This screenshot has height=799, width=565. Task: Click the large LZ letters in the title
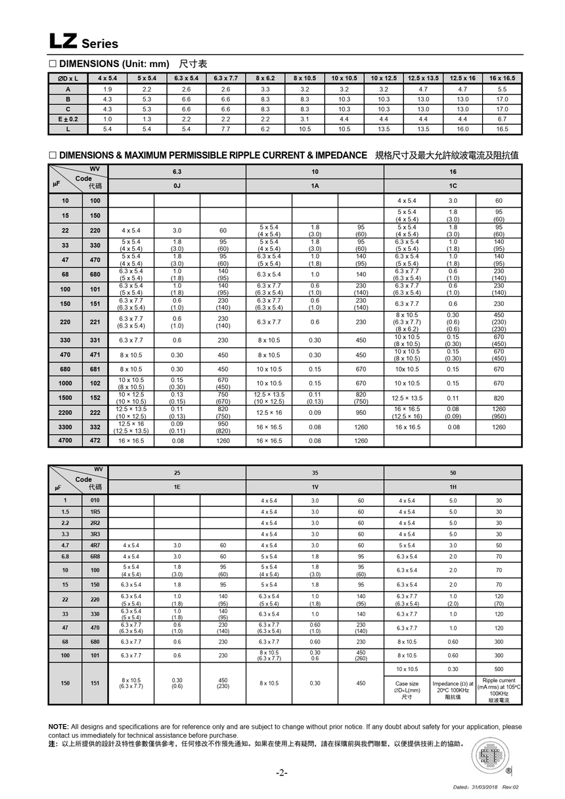pyautogui.click(x=64, y=41)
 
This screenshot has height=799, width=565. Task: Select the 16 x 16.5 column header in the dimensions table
pyautogui.click(x=502, y=78)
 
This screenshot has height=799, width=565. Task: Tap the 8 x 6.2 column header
pyautogui.click(x=265, y=78)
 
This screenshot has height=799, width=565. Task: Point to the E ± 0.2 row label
pyautogui.click(x=68, y=119)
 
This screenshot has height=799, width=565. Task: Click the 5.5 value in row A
pyautogui.click(x=502, y=89)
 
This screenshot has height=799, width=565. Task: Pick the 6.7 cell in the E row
pyautogui.click(x=502, y=119)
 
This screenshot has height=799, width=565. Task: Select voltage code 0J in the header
pyautogui.click(x=177, y=186)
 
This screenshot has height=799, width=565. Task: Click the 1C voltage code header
pyautogui.click(x=453, y=186)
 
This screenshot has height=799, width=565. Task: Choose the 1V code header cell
pyautogui.click(x=315, y=487)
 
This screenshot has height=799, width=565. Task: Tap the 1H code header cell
pyautogui.click(x=453, y=487)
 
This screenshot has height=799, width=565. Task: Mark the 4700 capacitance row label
pyautogui.click(x=65, y=441)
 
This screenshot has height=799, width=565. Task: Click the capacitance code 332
pyautogui.click(x=95, y=427)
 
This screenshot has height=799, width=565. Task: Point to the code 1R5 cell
pyautogui.click(x=95, y=511)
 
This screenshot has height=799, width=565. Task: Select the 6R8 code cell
pyautogui.click(x=95, y=556)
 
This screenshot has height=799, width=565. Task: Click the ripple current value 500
pyautogui.click(x=499, y=669)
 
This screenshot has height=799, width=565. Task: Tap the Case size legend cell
pyautogui.click(x=407, y=690)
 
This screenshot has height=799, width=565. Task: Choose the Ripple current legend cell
pyautogui.click(x=499, y=690)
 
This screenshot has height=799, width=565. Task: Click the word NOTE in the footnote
pyautogui.click(x=58, y=727)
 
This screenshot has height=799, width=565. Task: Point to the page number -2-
pyautogui.click(x=282, y=773)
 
